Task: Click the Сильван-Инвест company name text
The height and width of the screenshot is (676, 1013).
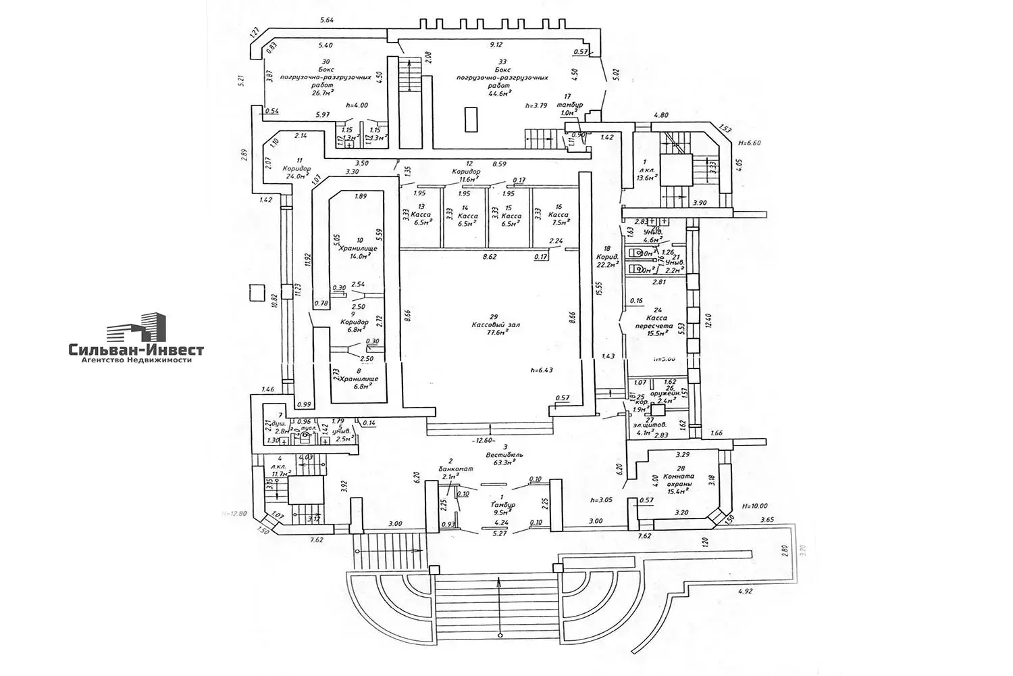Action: coord(136,349)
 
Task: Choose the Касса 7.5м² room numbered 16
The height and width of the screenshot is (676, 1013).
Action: coord(558,215)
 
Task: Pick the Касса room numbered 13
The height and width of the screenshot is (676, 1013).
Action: coord(424,215)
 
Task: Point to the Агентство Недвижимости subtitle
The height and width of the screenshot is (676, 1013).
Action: coord(136,360)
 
